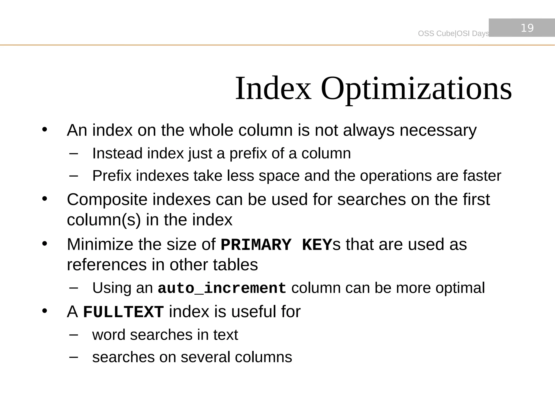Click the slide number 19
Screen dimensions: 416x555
tap(527, 28)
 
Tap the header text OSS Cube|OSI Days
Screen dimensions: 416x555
tap(453, 33)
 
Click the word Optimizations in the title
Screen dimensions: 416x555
tap(416, 89)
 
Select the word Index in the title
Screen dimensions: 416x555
tap(273, 89)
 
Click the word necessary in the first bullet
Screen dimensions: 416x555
tap(438, 131)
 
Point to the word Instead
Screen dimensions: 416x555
tap(117, 153)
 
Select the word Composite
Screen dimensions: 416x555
tap(107, 200)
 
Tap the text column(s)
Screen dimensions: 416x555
tap(104, 220)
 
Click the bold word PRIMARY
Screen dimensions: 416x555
tap(256, 245)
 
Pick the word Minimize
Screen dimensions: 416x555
tap(100, 244)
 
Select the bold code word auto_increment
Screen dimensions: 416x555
tap(222, 288)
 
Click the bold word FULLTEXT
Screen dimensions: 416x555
tap(123, 312)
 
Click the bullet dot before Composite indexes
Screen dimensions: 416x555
tap(45, 199)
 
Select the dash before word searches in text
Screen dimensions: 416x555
tap(73, 335)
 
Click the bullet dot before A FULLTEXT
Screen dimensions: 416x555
tap(45, 311)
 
